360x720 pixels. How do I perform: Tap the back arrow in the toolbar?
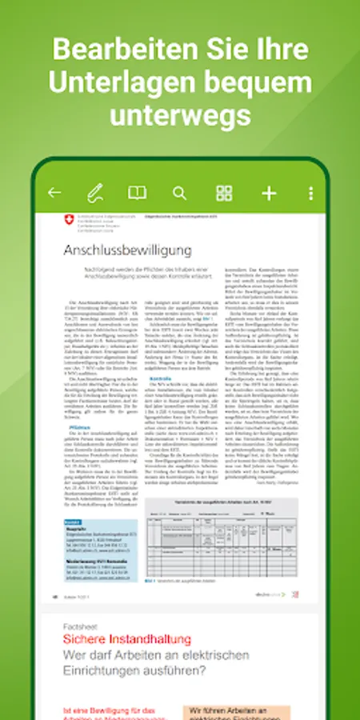coord(54,193)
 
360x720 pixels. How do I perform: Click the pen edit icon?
coord(95,193)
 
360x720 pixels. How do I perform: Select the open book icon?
coord(138,193)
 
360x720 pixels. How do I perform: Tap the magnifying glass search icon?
coord(179,193)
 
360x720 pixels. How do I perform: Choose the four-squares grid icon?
coord(224,193)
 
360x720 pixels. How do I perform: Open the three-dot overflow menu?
coord(310,193)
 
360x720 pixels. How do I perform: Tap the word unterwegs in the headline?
coord(180,115)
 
